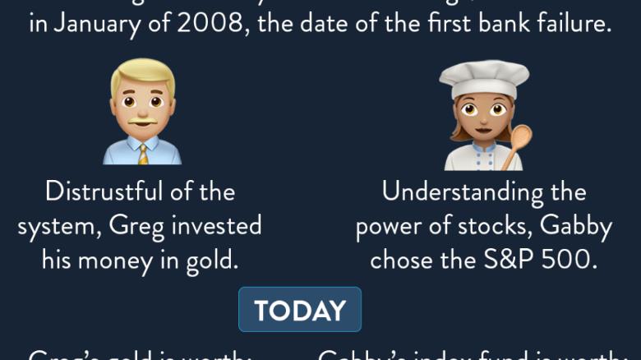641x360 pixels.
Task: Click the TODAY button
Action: (300, 310)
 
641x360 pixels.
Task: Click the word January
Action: (95, 24)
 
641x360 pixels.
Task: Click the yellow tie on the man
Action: (143, 154)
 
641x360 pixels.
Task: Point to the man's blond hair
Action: (143, 72)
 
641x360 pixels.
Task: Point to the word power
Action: (391, 226)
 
